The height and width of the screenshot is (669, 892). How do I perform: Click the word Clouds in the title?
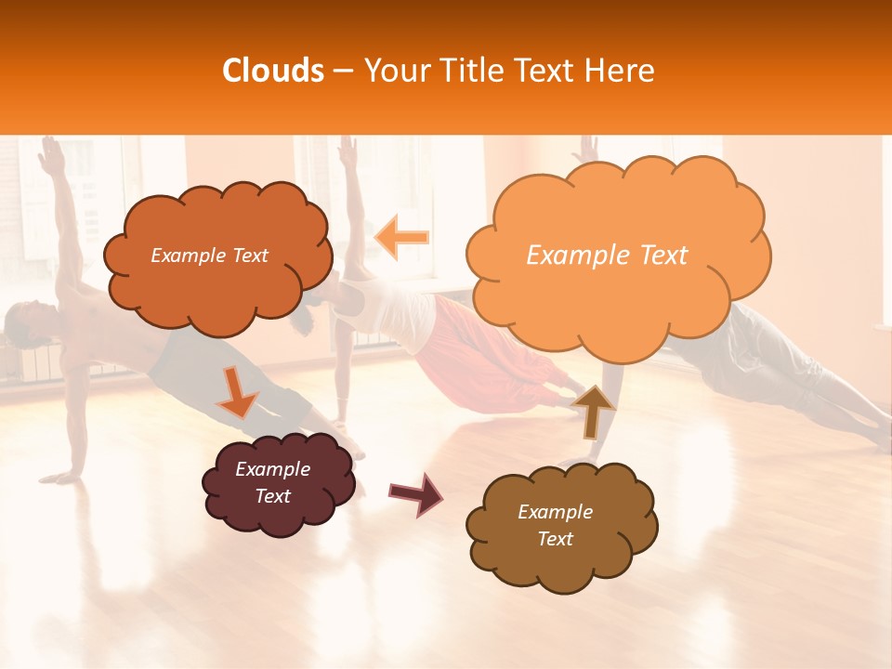click(x=272, y=71)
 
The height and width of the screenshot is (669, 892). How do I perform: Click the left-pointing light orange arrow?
click(x=401, y=238)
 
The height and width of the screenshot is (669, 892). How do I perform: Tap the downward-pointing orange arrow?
click(x=236, y=392)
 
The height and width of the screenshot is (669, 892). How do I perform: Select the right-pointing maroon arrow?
click(x=415, y=493)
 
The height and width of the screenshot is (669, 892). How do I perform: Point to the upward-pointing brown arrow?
click(x=593, y=410)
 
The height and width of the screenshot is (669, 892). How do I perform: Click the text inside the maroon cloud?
click(x=273, y=482)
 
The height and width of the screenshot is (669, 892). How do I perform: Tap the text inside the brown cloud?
click(x=555, y=525)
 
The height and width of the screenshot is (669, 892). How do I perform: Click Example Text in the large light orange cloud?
click(x=607, y=256)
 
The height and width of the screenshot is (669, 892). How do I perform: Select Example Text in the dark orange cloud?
click(x=209, y=256)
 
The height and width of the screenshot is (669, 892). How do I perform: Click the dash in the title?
click(x=343, y=72)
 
